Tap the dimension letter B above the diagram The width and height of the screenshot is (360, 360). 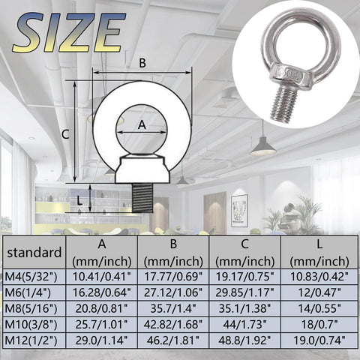pyautogui.click(x=142, y=63)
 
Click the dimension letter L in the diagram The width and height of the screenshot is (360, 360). pyautogui.click(x=81, y=199)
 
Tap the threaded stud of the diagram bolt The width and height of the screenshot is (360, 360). pyautogui.click(x=143, y=198)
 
